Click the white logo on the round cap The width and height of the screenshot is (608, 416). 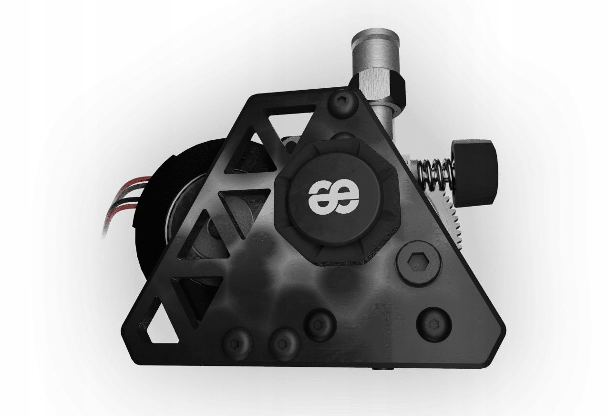pyautogui.click(x=333, y=195)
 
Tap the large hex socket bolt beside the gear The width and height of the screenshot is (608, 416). pyautogui.click(x=419, y=262)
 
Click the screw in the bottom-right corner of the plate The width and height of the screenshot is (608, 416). pyautogui.click(x=433, y=324)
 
